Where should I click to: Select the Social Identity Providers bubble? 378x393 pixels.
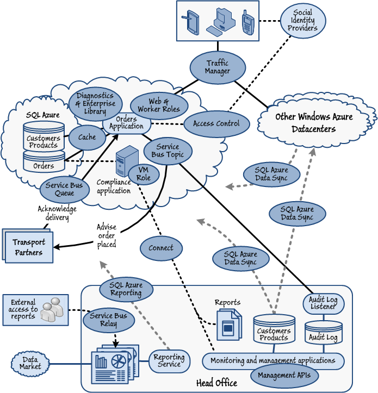[x=302, y=21]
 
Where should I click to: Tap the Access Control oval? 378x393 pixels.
[x=216, y=123]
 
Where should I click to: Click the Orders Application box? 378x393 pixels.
[x=126, y=123]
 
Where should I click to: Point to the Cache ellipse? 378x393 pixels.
[x=87, y=138]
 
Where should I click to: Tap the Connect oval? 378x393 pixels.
[x=160, y=248]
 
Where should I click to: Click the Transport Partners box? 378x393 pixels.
[x=29, y=246]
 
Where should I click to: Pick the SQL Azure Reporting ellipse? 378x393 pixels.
[x=126, y=289]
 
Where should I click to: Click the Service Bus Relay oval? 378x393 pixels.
[x=108, y=320]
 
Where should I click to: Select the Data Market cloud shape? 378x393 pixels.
[x=30, y=363]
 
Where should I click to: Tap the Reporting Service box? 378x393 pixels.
[x=169, y=361]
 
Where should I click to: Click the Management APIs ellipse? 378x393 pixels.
[x=284, y=375]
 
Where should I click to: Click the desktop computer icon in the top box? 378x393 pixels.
[x=221, y=21]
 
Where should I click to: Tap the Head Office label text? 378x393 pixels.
[x=216, y=383]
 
